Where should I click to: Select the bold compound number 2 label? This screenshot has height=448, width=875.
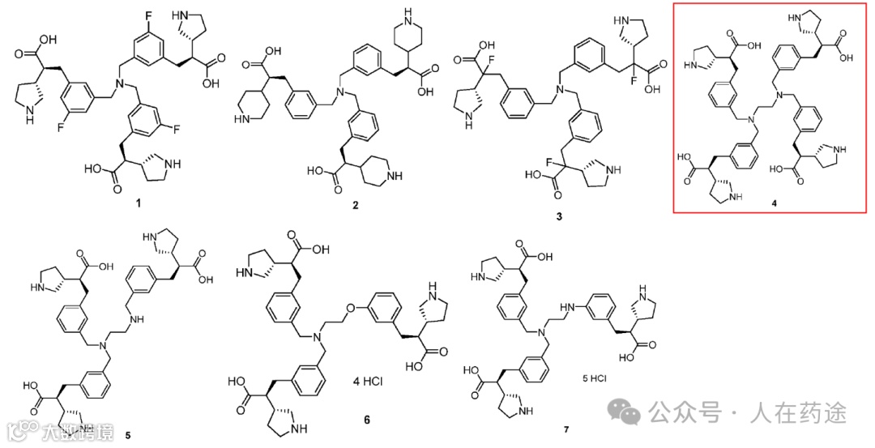click(x=355, y=206)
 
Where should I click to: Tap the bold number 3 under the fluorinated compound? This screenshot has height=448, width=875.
click(x=558, y=216)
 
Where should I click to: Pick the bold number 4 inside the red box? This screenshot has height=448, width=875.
click(x=773, y=202)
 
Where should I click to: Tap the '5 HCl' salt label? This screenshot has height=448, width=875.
click(x=595, y=378)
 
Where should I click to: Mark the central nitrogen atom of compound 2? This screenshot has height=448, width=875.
click(x=341, y=94)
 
